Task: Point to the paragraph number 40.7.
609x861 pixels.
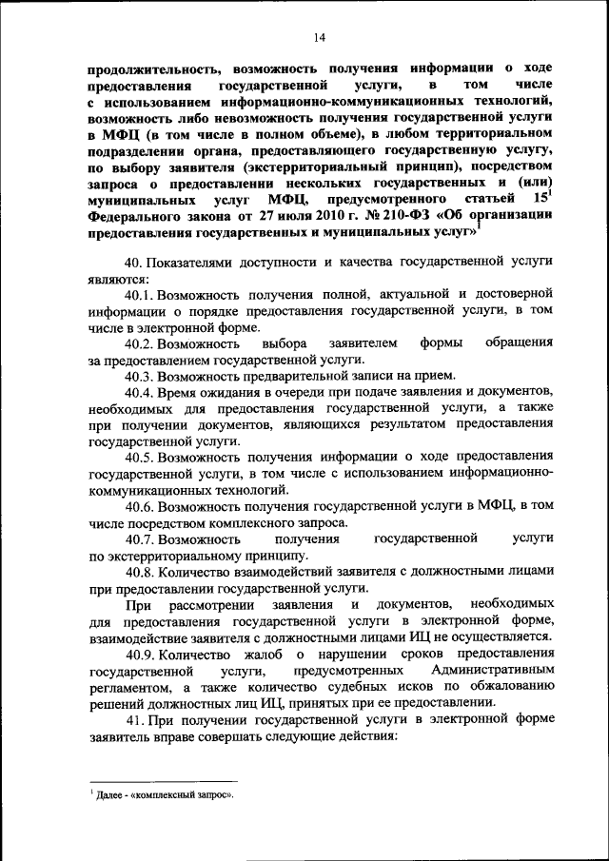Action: point(140,538)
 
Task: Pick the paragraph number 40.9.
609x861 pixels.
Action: point(140,655)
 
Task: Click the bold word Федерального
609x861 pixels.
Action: point(132,215)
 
